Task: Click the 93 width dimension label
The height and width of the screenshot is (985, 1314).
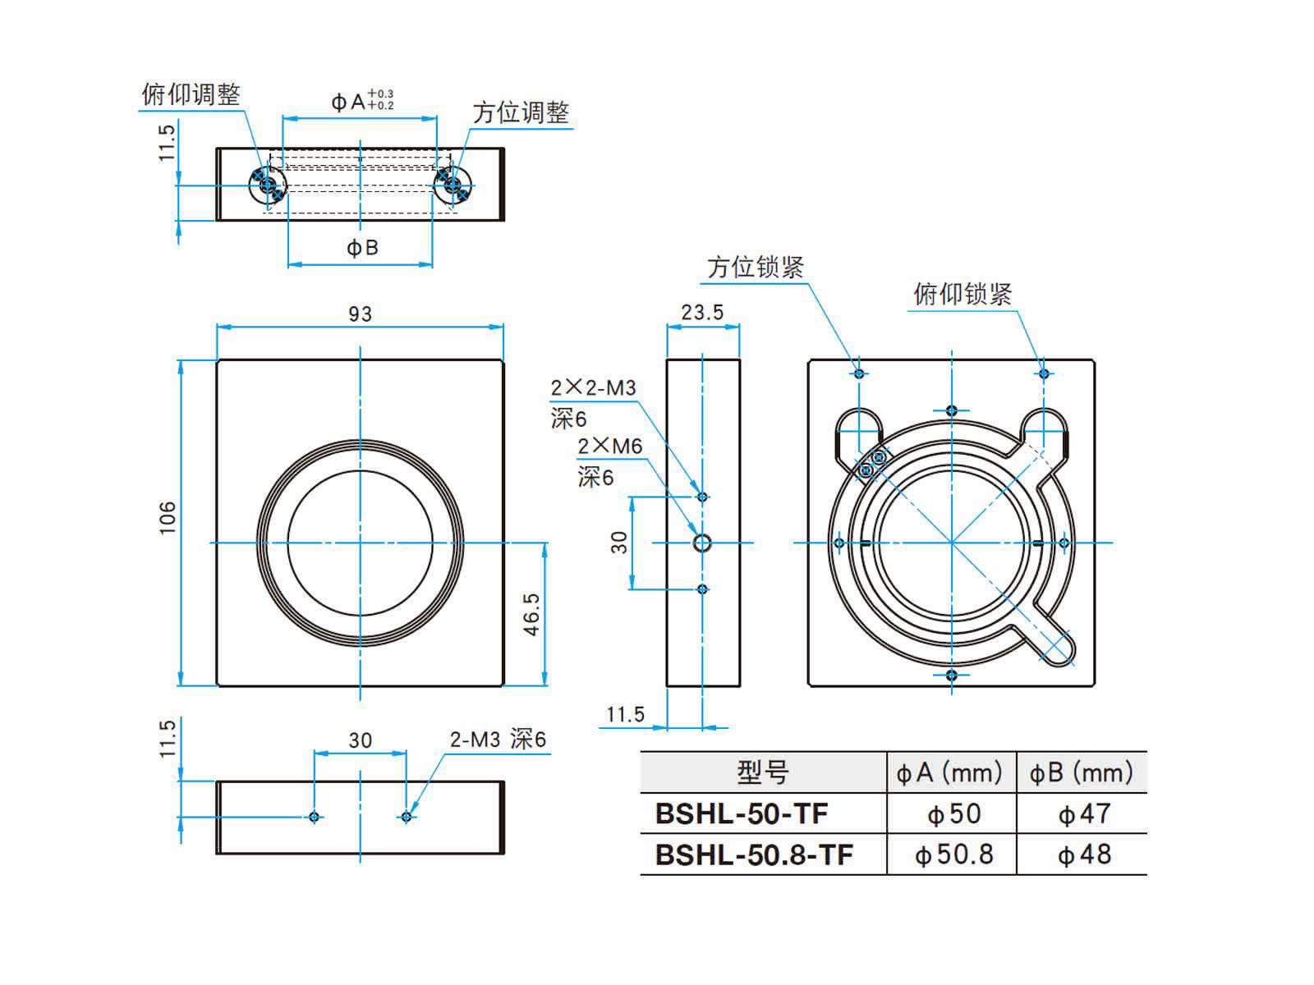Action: point(360,314)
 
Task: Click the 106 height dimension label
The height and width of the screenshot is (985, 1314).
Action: point(168,517)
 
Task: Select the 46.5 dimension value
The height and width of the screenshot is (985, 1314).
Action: point(532,614)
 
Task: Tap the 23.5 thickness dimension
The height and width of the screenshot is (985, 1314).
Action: point(702,312)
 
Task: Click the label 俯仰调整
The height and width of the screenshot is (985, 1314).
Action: point(191,94)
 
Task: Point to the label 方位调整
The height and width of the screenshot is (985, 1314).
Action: point(521,112)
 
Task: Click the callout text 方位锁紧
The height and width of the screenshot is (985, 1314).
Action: point(755,267)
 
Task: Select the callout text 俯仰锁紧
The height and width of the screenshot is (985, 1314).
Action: point(963,294)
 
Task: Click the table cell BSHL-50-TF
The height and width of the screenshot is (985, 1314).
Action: point(741,813)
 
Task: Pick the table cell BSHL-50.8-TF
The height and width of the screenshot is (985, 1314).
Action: point(754,854)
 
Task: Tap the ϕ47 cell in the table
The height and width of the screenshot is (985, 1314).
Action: point(1084,813)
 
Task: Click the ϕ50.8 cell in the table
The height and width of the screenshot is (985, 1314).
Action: point(953,854)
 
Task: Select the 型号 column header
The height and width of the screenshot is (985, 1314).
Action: point(762,772)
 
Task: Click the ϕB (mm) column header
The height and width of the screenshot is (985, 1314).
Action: point(1081,772)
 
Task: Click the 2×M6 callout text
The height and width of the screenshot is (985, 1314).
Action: point(609,446)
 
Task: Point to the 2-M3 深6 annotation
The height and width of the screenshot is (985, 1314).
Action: point(497,739)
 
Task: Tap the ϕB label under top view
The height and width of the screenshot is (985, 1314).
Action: point(361,247)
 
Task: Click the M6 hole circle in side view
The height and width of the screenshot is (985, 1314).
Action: point(702,543)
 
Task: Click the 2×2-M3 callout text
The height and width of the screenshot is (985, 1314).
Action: point(593,387)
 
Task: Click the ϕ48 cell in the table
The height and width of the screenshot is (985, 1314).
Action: point(1084,854)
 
